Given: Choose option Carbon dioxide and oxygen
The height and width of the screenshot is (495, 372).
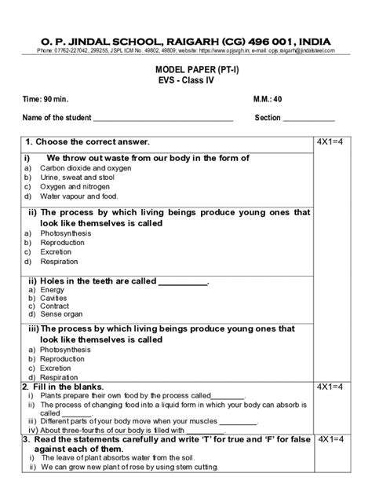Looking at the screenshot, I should tap(86, 168).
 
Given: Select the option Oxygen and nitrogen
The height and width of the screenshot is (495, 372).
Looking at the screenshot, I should tap(78, 187).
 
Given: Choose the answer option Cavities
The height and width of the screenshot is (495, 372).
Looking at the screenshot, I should tap(53, 299).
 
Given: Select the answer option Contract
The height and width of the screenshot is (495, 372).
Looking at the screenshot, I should tap(54, 307).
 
